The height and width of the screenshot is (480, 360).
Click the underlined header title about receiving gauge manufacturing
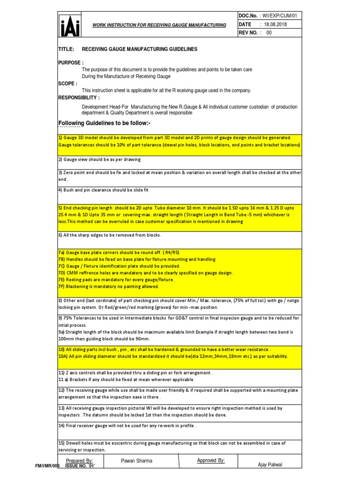(158, 25)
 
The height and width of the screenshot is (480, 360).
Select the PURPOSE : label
(71, 62)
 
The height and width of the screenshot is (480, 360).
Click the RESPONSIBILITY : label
(79, 97)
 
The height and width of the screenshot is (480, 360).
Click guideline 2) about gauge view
(99, 159)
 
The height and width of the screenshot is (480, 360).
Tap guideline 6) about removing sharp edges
(110, 235)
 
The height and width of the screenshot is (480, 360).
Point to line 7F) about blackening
(109, 286)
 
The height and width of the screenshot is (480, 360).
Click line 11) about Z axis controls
(135, 373)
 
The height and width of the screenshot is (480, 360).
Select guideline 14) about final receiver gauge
(127, 426)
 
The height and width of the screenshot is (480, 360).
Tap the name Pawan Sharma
(136, 461)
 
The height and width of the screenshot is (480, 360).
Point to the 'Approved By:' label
(210, 460)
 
